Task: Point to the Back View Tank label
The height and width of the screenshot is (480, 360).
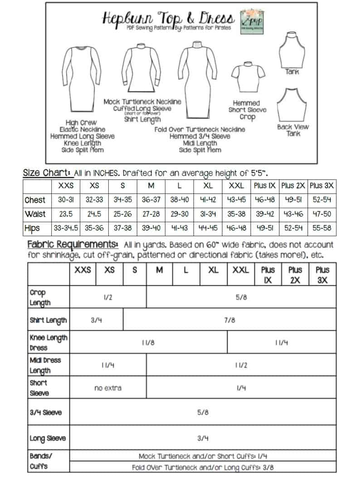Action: [x=292, y=130]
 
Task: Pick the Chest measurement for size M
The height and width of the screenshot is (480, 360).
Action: [x=151, y=200]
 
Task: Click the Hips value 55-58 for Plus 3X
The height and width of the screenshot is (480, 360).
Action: [x=322, y=228]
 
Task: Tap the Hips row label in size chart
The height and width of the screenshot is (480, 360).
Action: [x=32, y=228]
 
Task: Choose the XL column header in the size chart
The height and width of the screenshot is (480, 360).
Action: [x=208, y=186]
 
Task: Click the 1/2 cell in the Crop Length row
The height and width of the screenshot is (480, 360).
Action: [x=108, y=297]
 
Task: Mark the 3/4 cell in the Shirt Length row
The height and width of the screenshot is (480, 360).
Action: [x=96, y=320]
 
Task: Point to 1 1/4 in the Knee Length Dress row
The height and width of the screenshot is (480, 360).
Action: [x=282, y=343]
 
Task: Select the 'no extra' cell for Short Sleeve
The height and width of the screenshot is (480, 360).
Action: [x=108, y=388]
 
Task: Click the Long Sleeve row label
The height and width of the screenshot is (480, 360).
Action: [x=48, y=438]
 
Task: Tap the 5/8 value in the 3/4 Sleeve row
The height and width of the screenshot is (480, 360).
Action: [x=203, y=412]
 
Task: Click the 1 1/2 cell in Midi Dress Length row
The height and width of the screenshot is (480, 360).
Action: [x=241, y=365]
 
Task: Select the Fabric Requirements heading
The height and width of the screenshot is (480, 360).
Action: [x=73, y=245]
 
